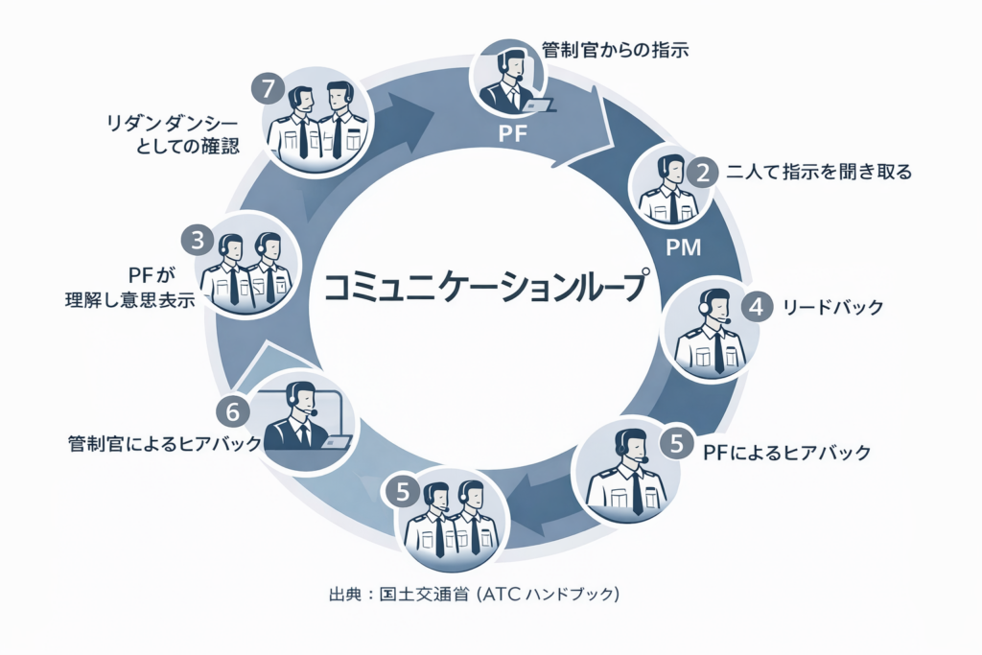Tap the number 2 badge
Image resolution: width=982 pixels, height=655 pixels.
point(703,174)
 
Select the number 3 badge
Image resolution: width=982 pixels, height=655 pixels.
point(198,240)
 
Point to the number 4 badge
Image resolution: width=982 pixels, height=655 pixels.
point(757,308)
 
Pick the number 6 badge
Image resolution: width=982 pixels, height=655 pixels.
point(232,411)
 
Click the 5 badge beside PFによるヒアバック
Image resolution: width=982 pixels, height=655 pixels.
point(677,444)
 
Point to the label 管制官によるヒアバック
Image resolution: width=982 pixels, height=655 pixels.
point(165,444)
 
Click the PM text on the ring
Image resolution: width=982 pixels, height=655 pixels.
point(684,248)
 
